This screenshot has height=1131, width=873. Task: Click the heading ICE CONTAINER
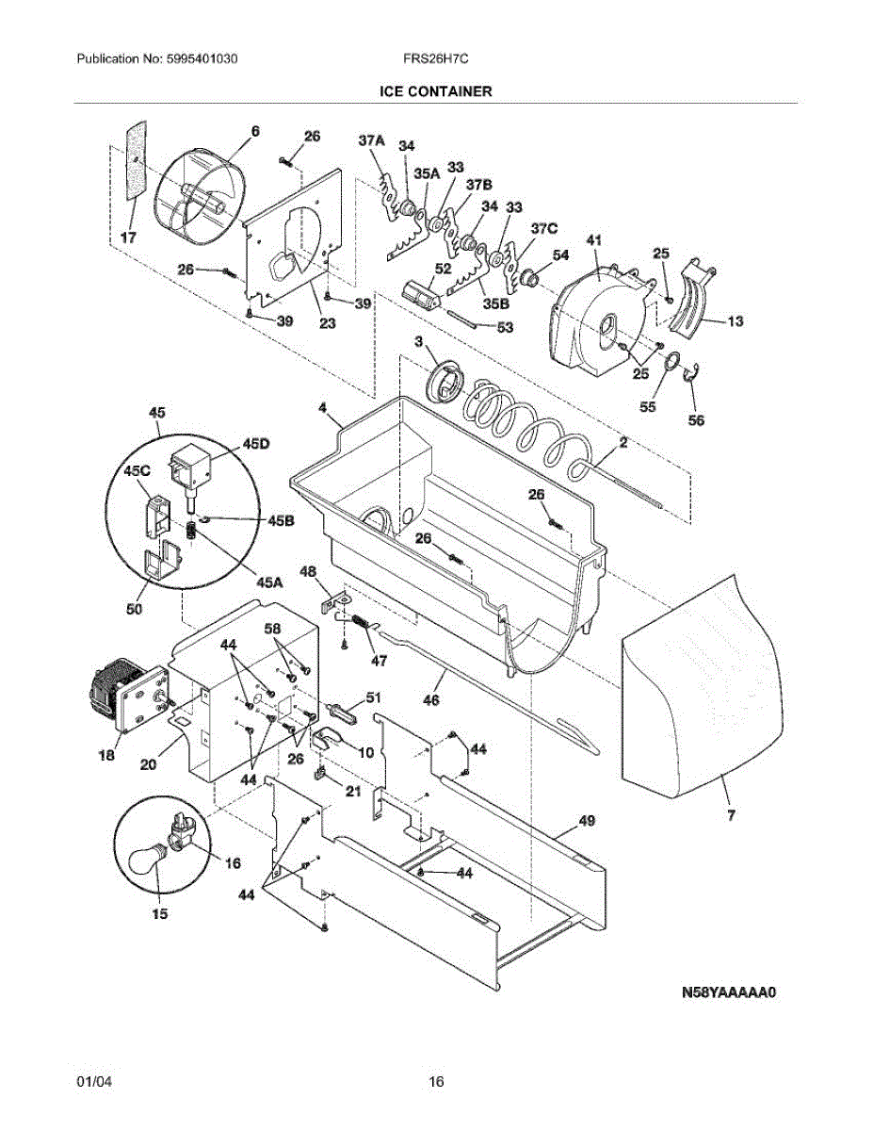pos(436,91)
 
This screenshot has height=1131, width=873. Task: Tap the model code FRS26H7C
pos(436,58)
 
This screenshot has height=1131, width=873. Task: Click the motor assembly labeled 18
pos(129,694)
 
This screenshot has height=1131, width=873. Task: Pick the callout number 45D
pos(256,444)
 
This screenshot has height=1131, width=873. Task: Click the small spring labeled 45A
pos(192,531)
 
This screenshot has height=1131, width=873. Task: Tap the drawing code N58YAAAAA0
pos(729,992)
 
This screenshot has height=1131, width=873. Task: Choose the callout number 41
pos(593,240)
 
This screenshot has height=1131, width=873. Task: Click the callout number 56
pos(696,419)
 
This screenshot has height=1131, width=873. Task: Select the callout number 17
pos(128,238)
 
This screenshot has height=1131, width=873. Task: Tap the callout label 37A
pos(372,140)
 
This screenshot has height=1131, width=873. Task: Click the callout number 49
pos(587,821)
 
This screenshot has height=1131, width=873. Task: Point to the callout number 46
pos(431,700)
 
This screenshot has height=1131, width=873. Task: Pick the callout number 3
pos(418,342)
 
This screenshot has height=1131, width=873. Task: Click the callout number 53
pos(505,327)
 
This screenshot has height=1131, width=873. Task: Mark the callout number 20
pos(148,764)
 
